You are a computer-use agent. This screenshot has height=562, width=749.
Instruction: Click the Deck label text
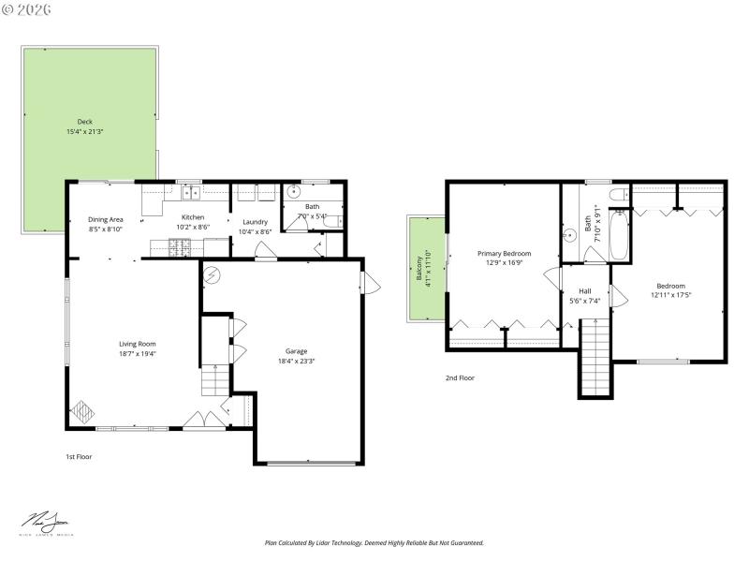[x=85, y=122]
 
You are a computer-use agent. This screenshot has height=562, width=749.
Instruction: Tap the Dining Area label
[x=106, y=219]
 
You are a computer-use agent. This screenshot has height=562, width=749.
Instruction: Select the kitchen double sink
[x=192, y=193]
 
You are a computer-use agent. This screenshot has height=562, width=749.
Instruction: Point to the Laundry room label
[x=255, y=222]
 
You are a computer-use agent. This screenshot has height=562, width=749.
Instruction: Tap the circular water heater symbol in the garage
[x=212, y=274]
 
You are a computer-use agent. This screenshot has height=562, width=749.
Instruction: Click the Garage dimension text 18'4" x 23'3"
[x=297, y=361]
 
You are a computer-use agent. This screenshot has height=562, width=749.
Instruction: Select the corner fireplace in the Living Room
[x=82, y=412]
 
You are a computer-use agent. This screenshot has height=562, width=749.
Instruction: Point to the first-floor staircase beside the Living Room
[x=214, y=380]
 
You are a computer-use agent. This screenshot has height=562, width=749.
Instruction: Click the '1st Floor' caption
[x=78, y=457]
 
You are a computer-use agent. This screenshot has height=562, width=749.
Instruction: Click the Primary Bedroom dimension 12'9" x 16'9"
[x=504, y=263]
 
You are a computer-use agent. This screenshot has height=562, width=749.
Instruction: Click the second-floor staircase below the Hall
[x=593, y=360]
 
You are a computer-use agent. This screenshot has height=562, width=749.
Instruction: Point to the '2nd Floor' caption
[x=460, y=378]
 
